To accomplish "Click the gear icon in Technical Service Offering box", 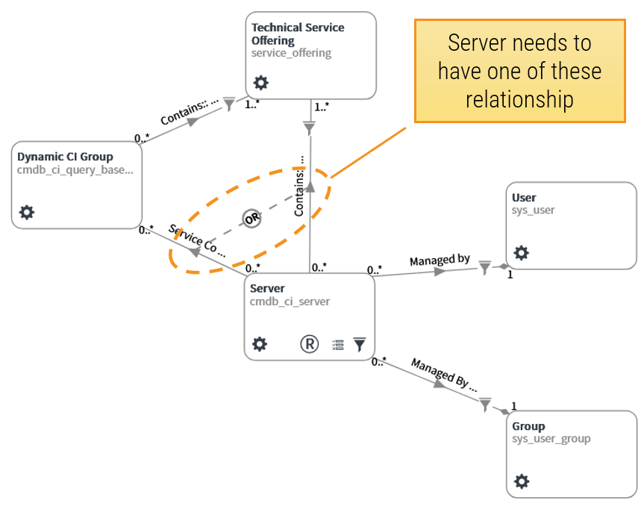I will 260,83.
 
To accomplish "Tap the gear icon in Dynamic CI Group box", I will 27,213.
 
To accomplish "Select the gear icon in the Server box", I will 259,344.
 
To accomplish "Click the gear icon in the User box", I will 522,253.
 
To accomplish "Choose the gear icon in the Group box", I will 522,481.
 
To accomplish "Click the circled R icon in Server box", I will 309,344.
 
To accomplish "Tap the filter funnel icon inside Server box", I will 360,344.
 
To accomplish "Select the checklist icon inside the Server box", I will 338,345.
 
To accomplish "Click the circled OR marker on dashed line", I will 251,219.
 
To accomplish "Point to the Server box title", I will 267,288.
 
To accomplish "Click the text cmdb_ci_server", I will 290,302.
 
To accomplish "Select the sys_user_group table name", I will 551,439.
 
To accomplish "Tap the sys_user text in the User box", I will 533,210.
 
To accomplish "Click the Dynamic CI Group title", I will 65,157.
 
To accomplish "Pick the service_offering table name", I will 291,54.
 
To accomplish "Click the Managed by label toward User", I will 440,260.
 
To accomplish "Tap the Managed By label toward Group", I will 443,372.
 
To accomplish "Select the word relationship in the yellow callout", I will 519,99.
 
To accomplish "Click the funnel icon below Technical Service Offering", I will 310,128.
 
